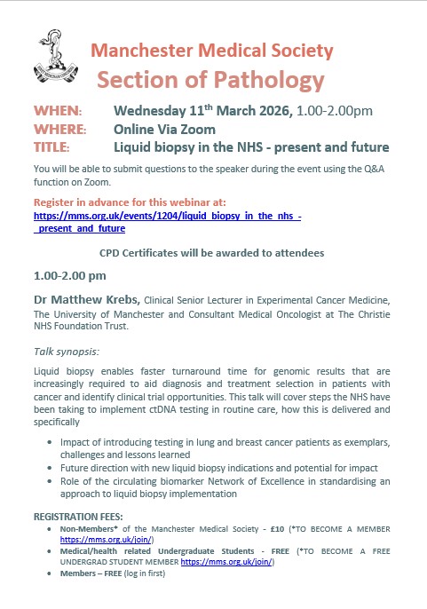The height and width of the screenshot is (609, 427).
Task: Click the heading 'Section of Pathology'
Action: click(210, 80)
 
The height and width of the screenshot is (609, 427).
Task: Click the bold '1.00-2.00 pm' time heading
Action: click(69, 275)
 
